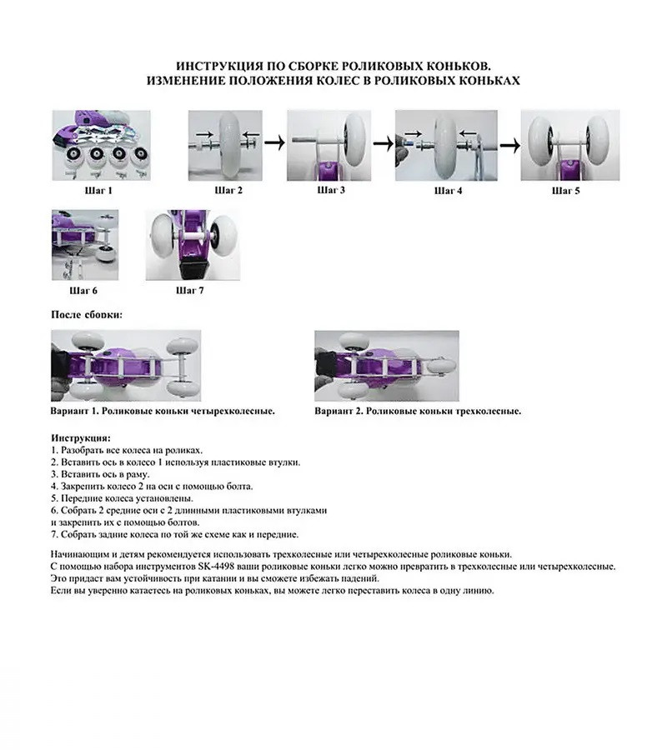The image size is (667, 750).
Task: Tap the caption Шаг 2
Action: [x=228, y=190]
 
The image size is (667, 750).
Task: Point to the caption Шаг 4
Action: [x=446, y=190]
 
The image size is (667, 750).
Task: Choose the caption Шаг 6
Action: [x=83, y=291]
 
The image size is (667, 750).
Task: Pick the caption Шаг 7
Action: [x=189, y=291]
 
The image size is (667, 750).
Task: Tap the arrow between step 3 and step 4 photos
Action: [x=383, y=143]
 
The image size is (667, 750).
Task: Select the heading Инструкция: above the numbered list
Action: [x=80, y=437]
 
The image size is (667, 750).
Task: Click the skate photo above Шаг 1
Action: [x=101, y=144]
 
